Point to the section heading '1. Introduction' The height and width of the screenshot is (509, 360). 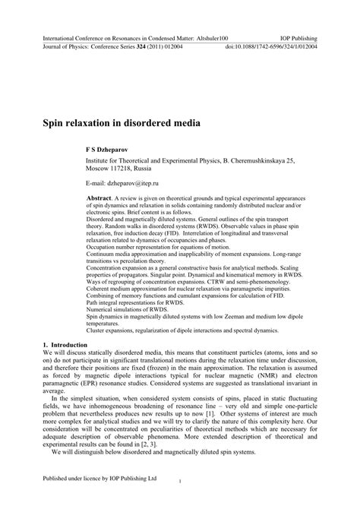(72, 345)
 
